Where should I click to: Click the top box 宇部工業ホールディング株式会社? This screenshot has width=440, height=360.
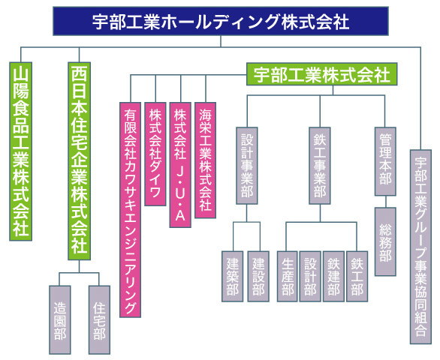[221, 21]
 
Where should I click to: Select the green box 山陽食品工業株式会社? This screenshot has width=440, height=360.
[20, 151]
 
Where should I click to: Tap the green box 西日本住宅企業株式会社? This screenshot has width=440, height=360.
[79, 161]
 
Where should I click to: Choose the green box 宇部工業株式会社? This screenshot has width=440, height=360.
[322, 74]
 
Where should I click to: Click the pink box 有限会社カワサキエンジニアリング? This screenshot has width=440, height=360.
[130, 210]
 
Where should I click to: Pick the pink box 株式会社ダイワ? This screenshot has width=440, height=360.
[155, 154]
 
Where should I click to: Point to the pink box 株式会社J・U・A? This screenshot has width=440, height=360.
[180, 165]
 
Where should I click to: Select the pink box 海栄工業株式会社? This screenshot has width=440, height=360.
[206, 160]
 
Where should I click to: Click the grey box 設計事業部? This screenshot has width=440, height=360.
[247, 166]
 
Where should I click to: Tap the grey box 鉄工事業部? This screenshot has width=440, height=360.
[320, 166]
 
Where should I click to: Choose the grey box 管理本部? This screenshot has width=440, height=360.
[385, 161]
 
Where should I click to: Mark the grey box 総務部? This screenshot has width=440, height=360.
[385, 241]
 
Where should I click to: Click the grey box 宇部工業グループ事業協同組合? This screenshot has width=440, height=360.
[420, 247]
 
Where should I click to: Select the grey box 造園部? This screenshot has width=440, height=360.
[60, 320]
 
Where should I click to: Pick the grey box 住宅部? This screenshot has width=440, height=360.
[99, 320]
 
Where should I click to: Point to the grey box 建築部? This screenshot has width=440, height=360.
[232, 277]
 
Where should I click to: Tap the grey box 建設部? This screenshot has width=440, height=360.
[258, 277]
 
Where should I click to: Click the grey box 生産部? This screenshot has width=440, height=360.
[288, 277]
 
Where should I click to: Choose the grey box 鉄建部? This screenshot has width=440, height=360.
[333, 277]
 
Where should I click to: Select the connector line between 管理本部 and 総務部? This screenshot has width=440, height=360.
[385, 202]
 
